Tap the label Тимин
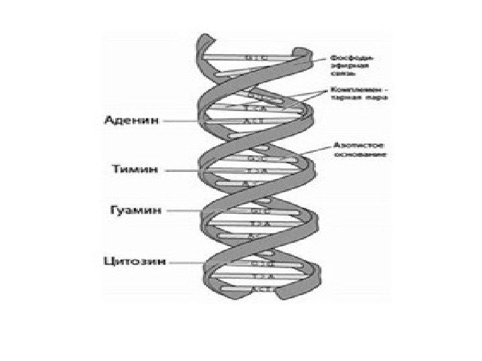(x=134, y=170)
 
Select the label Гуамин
(x=133, y=209)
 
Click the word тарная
(x=343, y=98)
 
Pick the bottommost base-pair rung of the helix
(x=258, y=288)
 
